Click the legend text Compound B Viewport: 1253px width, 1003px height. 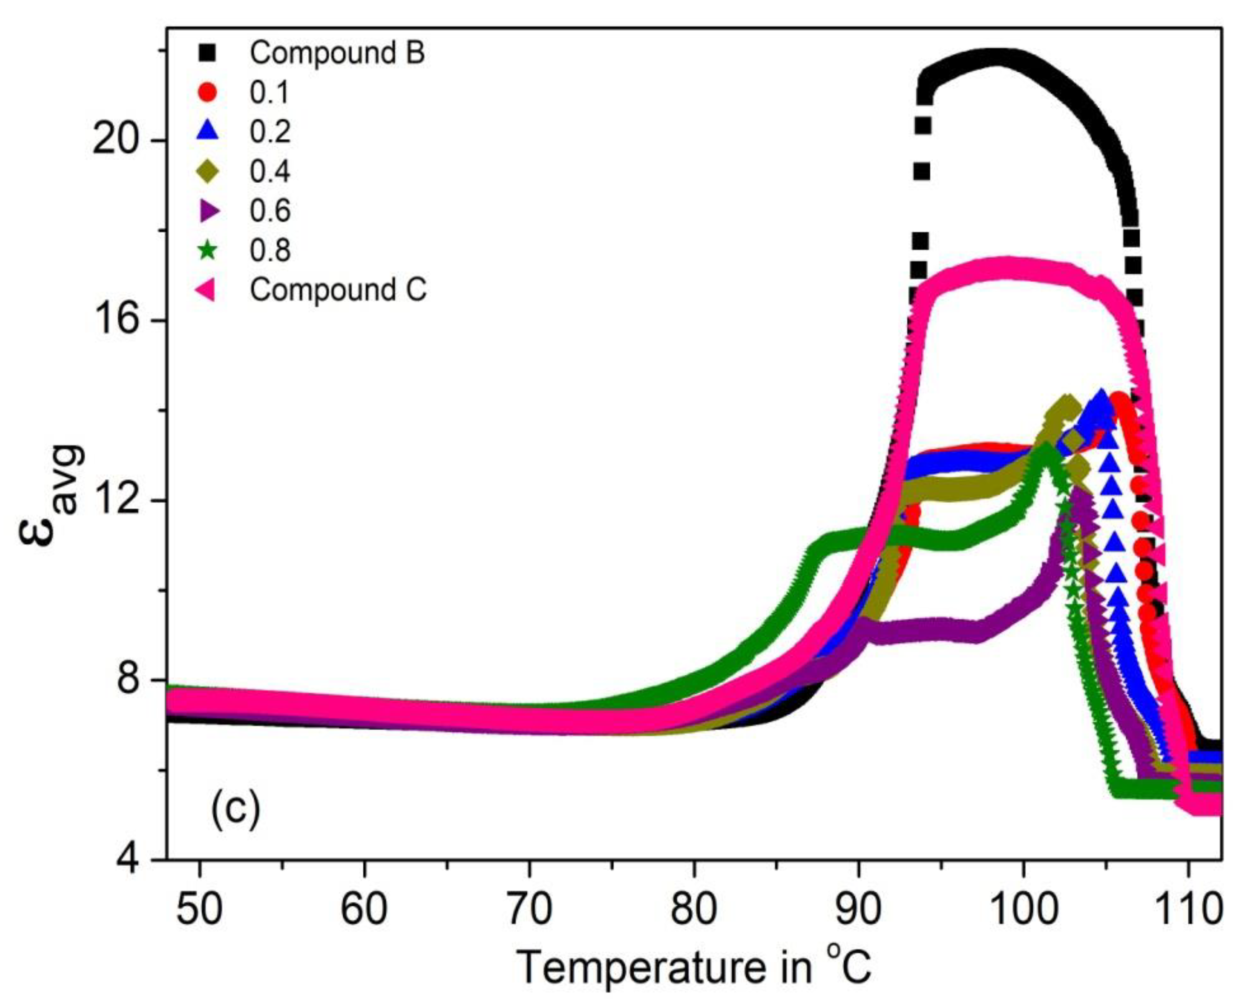337,54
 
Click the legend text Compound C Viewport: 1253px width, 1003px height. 338,289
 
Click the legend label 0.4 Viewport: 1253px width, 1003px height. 270,171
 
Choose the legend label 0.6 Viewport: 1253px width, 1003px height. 270,211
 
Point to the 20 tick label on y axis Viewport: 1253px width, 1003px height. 116,141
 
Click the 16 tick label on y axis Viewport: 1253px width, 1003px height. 116,321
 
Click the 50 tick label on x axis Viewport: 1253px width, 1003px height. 199,910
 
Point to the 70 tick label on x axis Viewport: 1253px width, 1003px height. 529,910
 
